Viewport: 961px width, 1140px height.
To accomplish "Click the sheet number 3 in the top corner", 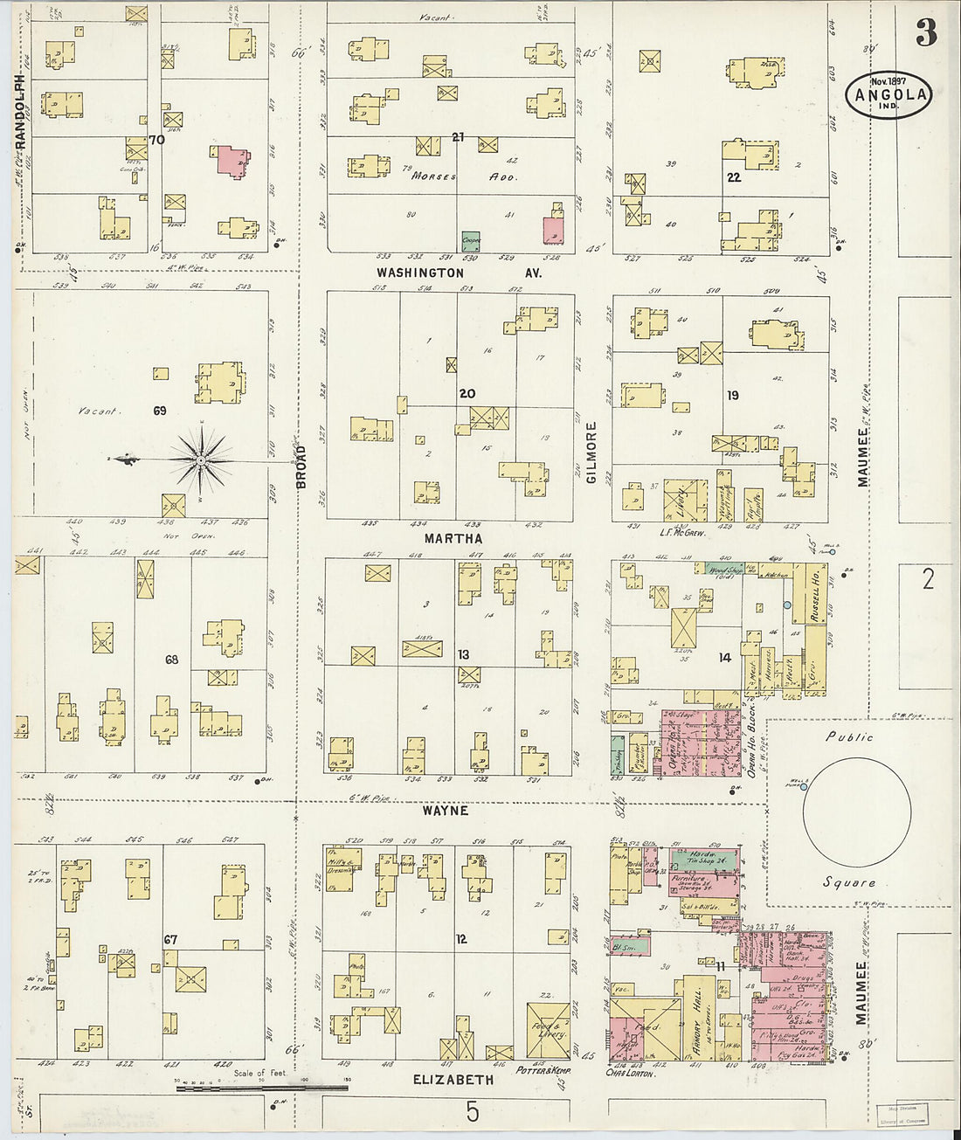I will point(926,32).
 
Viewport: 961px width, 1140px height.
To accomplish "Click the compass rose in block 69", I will point(201,459).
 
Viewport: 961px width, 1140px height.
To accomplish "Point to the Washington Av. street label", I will point(459,273).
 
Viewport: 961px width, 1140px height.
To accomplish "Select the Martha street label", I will point(453,538).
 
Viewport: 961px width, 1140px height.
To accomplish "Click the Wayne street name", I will point(446,811).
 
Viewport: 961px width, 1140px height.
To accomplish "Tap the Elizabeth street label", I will point(453,1080).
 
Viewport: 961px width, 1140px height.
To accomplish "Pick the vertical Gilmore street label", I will point(591,453).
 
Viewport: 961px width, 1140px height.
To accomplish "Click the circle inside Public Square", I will point(856,812).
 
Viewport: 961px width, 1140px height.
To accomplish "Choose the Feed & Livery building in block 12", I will point(549,1032).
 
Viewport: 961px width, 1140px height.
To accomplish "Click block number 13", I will point(463,654).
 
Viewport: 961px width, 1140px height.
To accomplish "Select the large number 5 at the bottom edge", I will point(473,1112).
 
